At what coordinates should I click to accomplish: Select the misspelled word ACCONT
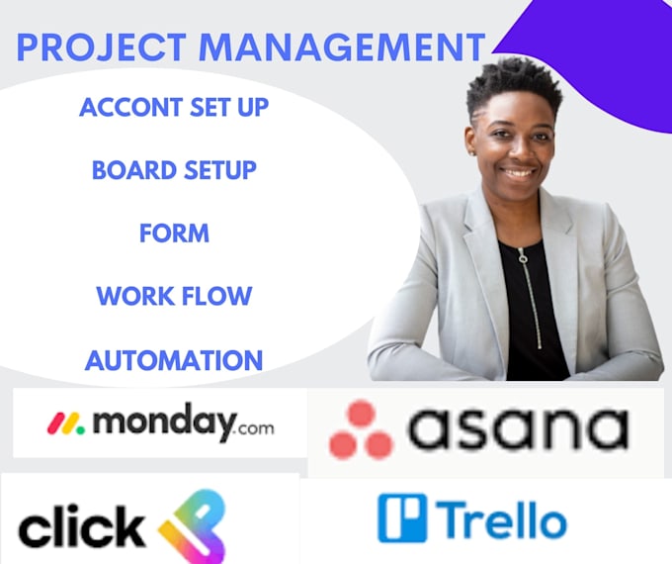coord(131,108)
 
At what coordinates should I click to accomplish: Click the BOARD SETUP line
coord(174,170)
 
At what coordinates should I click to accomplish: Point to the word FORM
coord(174,234)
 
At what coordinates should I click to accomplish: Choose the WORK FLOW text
coord(174,296)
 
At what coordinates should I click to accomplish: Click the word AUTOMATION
coord(174,360)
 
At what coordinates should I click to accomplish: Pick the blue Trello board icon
coord(402,518)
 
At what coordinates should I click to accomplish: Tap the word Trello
coord(502,519)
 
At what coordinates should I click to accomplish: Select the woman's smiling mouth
coord(518,170)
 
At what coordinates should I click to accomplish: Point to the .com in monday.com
coord(254,427)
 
